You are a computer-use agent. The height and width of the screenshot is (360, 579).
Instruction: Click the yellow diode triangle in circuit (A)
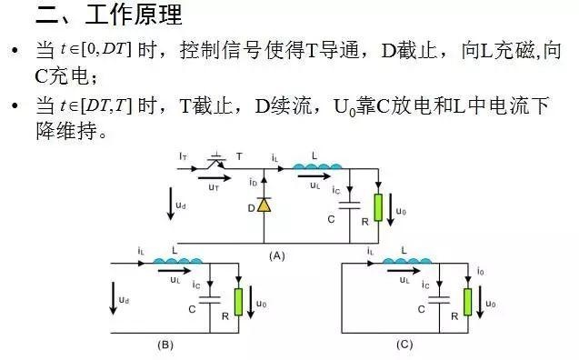[x=265, y=206]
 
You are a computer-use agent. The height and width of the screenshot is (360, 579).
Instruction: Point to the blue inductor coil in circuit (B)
[x=176, y=263]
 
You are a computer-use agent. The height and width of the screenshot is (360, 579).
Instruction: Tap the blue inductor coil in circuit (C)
[x=406, y=263]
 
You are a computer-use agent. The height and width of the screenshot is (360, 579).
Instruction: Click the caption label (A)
[x=277, y=256]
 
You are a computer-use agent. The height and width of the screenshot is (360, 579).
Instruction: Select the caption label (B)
[x=165, y=345]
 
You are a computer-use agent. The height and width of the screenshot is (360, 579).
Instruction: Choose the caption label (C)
[x=404, y=345]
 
